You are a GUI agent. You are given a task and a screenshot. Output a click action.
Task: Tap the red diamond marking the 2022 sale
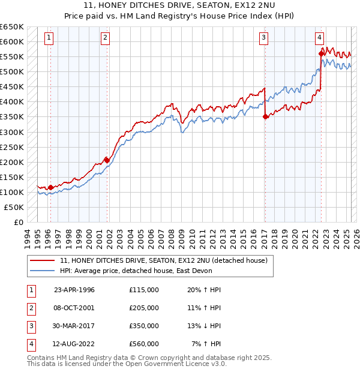coord(321,53)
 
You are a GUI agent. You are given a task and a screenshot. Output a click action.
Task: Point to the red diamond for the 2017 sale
coord(265,117)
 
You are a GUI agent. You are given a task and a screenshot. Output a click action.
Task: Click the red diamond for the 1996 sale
coord(50,187)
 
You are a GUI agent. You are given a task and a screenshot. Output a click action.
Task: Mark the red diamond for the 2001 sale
coord(107,160)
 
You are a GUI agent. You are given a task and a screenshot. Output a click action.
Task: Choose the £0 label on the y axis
coord(17,222)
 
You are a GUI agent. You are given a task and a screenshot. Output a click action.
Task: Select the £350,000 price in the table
coord(144,327)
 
